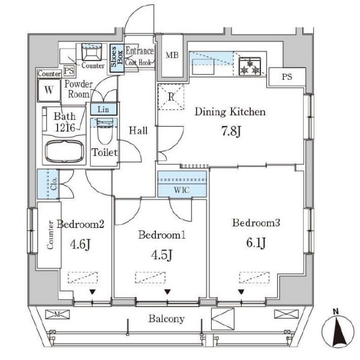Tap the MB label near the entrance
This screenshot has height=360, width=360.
pyautogui.click(x=172, y=56)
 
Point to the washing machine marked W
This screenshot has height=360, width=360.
pyautogui.click(x=49, y=92)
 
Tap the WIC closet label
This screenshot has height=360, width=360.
pyautogui.click(x=182, y=190)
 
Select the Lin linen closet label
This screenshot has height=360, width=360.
pyautogui.click(x=103, y=109)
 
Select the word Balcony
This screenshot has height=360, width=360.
pyautogui.click(x=167, y=319)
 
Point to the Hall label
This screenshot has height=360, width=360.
pyautogui.click(x=139, y=130)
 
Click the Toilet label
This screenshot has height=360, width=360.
pyautogui.click(x=104, y=152)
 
